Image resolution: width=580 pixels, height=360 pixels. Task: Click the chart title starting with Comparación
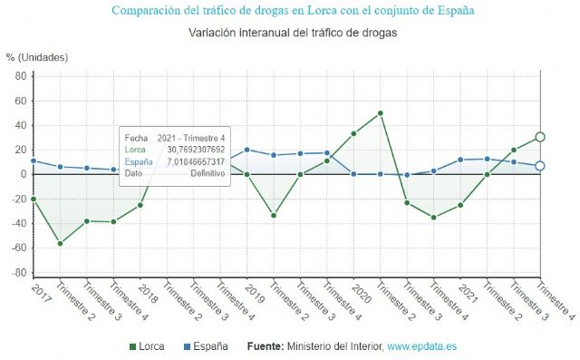[292, 11]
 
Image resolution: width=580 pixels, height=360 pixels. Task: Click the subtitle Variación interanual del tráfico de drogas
[293, 34]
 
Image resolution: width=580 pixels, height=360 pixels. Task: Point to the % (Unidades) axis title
[37, 57]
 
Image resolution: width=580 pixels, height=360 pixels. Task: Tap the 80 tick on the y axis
[20, 76]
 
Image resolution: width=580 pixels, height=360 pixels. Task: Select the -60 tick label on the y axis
[18, 248]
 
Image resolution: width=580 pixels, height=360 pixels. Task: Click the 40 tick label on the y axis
[20, 125]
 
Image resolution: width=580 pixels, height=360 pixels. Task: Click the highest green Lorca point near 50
[381, 113]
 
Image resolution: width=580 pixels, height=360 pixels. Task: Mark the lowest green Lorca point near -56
[60, 243]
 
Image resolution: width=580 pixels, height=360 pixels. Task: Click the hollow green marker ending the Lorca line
[540, 137]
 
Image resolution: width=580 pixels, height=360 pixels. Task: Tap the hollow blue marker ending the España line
[540, 166]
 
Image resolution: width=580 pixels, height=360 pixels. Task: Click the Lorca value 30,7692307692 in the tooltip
[195, 150]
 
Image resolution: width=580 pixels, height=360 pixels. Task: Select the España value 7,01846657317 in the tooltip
[195, 161]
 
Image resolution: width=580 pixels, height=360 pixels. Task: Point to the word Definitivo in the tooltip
[207, 173]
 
